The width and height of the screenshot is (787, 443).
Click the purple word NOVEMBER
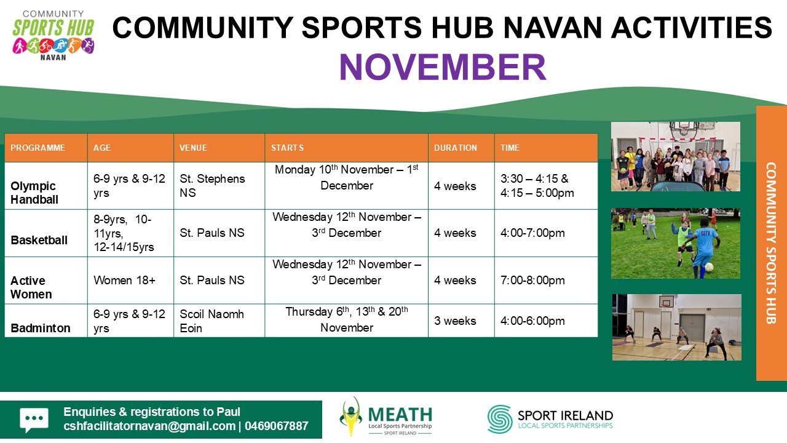[x=442, y=67]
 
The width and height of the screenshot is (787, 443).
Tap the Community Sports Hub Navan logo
[x=53, y=36]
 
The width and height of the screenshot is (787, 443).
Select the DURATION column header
[x=456, y=148]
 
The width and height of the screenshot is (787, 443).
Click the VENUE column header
[x=193, y=148]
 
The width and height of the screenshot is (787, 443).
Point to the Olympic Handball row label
[x=34, y=193]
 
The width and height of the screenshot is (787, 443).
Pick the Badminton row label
[x=41, y=328]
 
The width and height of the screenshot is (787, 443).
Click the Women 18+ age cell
[x=124, y=280]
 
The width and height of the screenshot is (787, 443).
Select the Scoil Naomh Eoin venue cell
[x=212, y=321]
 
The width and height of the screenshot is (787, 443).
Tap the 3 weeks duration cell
[x=455, y=321]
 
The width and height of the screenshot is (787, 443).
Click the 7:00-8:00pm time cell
[x=532, y=280]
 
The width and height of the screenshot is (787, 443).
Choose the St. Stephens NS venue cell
[x=212, y=186]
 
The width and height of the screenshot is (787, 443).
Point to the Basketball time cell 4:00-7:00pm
[x=532, y=233]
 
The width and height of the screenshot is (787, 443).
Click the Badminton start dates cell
[x=347, y=319]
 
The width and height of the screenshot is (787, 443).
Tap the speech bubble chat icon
[x=34, y=420]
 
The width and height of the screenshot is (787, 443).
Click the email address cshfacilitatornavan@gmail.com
[x=149, y=426]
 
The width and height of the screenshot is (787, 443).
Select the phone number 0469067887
[x=277, y=426]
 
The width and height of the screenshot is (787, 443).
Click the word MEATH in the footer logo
[x=400, y=415]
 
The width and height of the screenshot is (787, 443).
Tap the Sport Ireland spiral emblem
[x=500, y=419]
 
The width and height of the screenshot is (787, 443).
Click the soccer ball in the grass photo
[x=709, y=267]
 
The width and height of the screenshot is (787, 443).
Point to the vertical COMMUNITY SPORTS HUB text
[x=771, y=243]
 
